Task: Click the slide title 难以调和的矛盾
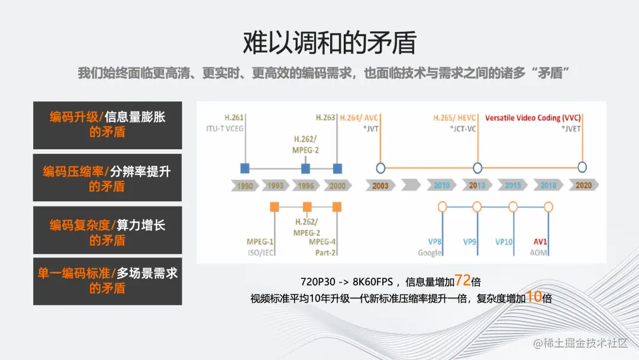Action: pos(330,43)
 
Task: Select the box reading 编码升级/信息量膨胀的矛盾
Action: pos(107,124)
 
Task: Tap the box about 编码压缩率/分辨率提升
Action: pos(107,179)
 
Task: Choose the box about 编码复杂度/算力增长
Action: pos(107,232)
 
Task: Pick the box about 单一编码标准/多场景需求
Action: pos(107,281)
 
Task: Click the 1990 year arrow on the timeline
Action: pos(244,185)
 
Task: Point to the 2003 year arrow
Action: pos(380,185)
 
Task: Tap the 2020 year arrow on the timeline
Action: pos(583,185)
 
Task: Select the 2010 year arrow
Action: pos(441,185)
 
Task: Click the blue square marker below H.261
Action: pos(244,168)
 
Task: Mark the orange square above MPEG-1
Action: pos(274,207)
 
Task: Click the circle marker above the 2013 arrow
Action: pos(477,168)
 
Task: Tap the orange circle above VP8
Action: pos(441,207)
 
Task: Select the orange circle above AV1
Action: pos(548,207)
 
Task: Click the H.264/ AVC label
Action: pos(359,118)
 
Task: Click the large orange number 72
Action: pos(463,281)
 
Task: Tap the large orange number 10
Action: pos(534,297)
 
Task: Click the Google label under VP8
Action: pos(430,253)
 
